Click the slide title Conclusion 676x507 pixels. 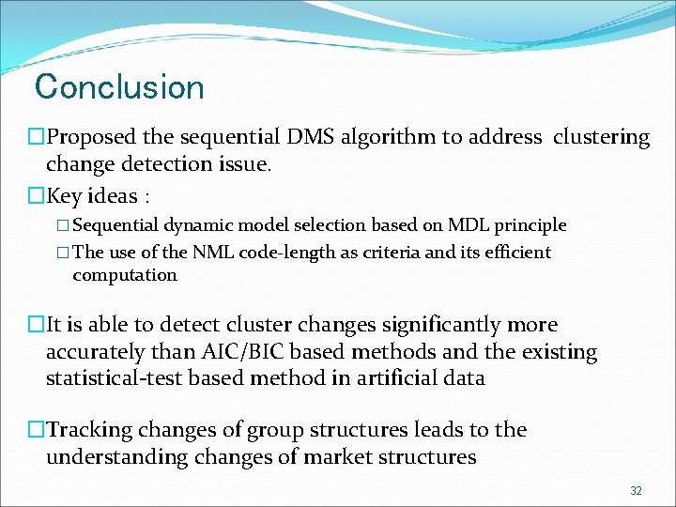click(x=119, y=87)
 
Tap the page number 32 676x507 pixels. click(x=636, y=491)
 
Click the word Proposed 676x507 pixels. click(x=92, y=137)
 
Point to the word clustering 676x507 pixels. click(x=601, y=137)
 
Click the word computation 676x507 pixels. click(x=124, y=275)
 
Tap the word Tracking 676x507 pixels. click(x=90, y=431)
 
